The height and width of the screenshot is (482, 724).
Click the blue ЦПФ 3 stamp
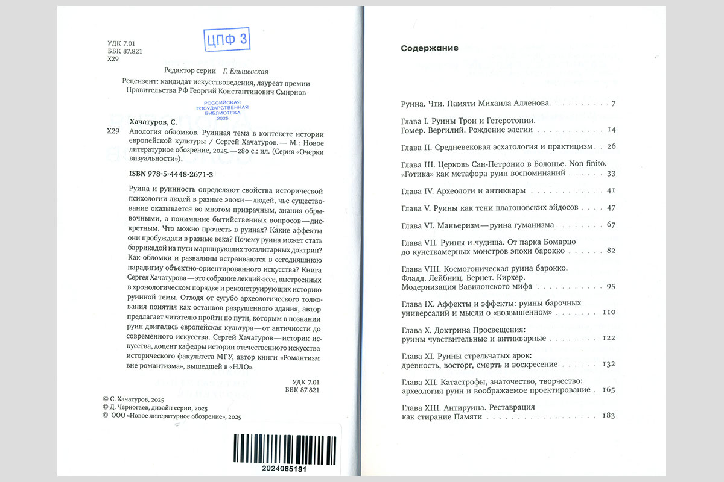[227, 40]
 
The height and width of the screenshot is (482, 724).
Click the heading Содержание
[430, 48]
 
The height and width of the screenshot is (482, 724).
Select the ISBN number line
[171, 174]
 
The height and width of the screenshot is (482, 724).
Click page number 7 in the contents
[613, 104]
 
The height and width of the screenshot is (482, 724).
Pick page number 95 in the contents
[611, 286]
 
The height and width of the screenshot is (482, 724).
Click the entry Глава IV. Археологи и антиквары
[463, 190]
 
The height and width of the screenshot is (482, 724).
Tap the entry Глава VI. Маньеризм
[477, 225]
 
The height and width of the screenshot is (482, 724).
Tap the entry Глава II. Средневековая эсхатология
[497, 146]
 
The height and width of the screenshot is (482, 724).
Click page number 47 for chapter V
[611, 207]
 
